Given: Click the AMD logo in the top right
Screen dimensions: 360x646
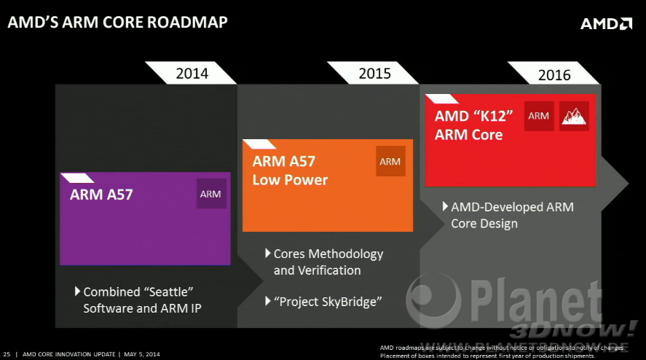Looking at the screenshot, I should [x=605, y=23].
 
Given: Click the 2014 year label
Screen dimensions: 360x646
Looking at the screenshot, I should [x=192, y=73].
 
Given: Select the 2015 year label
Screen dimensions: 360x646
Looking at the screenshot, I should [x=374, y=73].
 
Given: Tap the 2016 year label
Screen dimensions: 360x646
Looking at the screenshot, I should [x=554, y=74].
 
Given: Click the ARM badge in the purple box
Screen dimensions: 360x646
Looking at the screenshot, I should [x=210, y=194].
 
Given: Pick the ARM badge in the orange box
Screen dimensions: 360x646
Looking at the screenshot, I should [x=390, y=161].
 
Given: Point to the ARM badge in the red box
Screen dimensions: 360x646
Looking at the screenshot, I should [x=539, y=116].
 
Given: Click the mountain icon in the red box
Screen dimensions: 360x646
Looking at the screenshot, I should [x=574, y=116].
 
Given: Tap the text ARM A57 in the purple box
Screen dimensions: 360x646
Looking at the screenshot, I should [x=101, y=195].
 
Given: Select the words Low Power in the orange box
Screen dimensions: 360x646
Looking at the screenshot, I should [x=290, y=179].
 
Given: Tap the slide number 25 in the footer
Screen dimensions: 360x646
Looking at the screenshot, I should [x=7, y=354].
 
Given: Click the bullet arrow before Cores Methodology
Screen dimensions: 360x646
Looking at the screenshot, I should [x=267, y=254].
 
